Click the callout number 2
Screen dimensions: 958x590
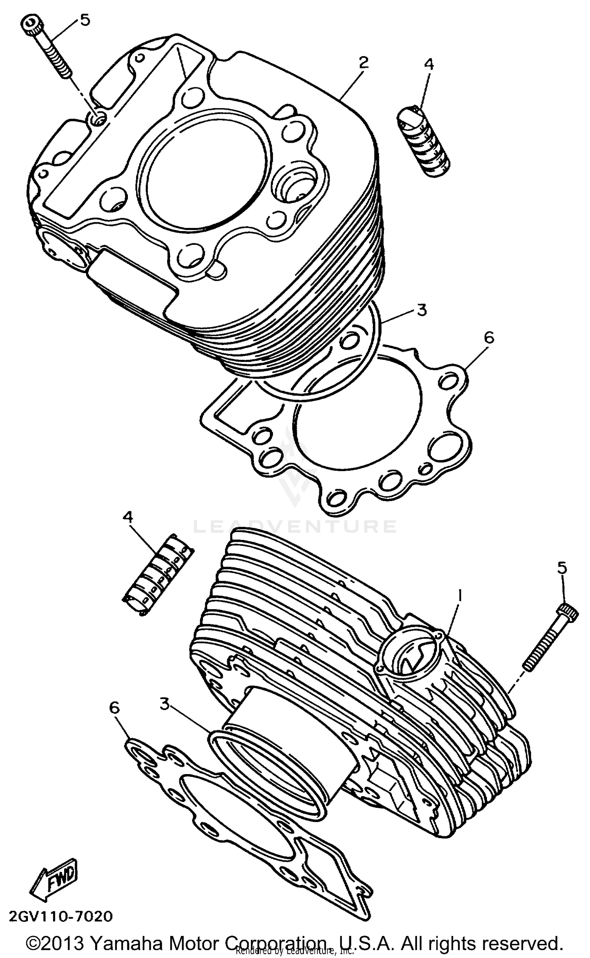(x=363, y=62)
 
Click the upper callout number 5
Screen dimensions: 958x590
(x=85, y=20)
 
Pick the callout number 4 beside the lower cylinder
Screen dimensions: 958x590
(x=128, y=518)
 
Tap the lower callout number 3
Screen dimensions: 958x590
(x=165, y=704)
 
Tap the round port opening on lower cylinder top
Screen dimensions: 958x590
(x=409, y=655)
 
